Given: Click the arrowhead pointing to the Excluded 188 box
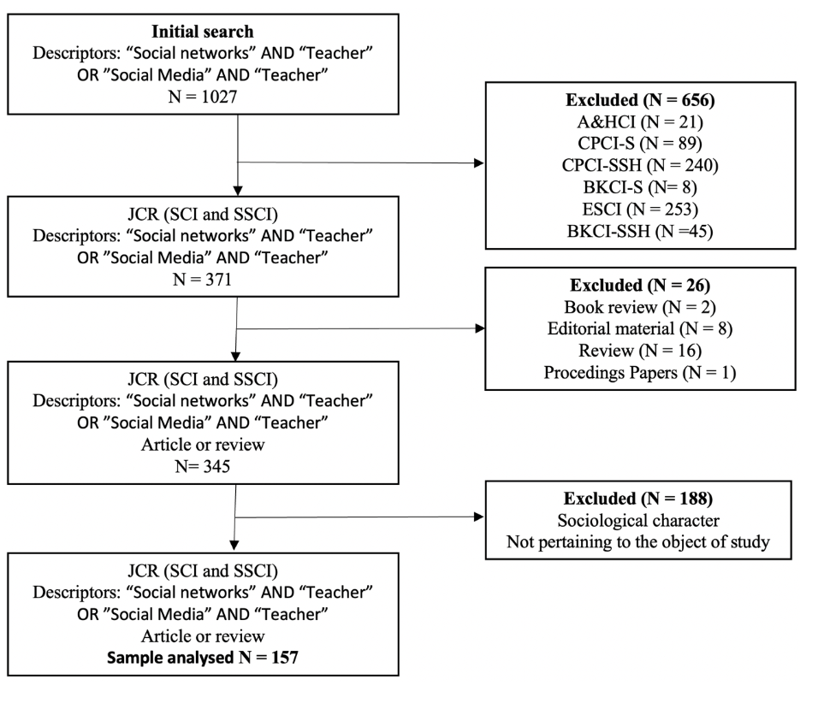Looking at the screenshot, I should pyautogui.click(x=478, y=517).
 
